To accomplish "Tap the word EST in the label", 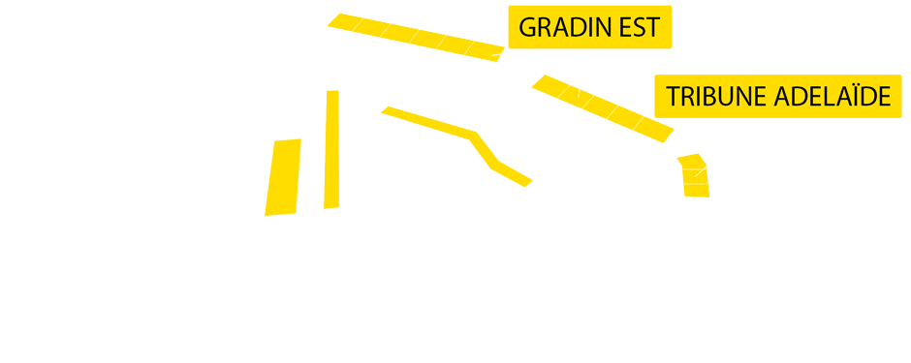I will pos(638,28).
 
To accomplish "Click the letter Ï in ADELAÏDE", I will pos(851,97).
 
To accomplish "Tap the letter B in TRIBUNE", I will pos(711,97).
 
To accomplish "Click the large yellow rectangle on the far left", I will pos(283,177).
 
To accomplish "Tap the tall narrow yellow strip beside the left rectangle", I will pos(331,150).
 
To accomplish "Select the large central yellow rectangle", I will pos(515,146).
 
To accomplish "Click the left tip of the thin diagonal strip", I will pos(387,110).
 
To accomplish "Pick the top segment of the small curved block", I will pos(691,161).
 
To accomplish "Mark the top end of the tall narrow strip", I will pos(332,95).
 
